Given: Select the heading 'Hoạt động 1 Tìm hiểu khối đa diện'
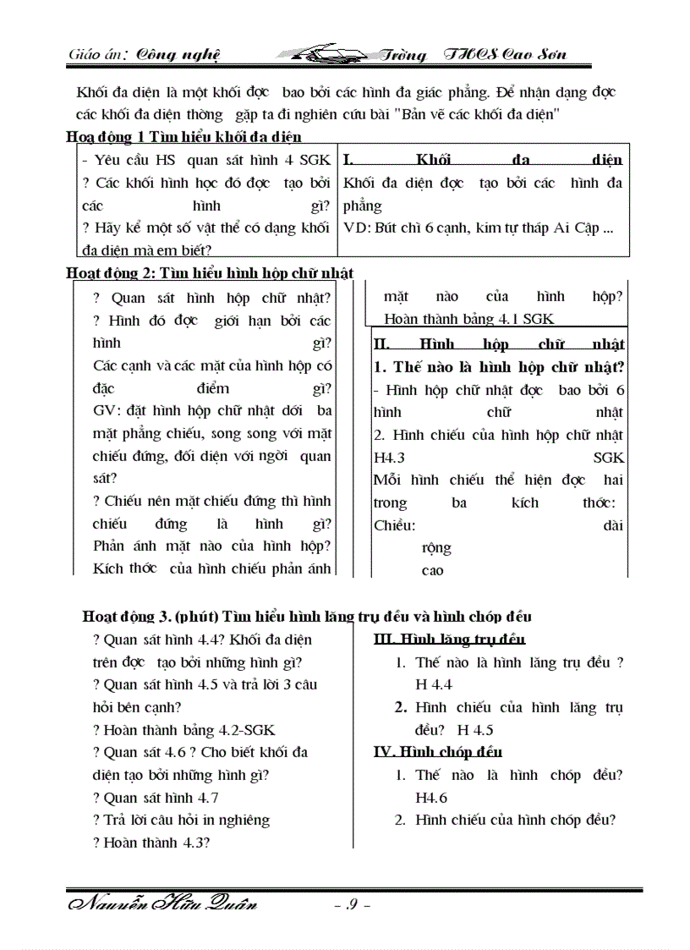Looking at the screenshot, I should pos(184,137).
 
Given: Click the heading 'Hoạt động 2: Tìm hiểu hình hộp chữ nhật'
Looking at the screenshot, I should pos(210,272).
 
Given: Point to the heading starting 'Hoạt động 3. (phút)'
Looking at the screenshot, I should pos(306,617).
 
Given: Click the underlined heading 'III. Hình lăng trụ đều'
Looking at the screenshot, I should pos(449,640).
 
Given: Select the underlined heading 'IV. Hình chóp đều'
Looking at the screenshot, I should pos(437,752).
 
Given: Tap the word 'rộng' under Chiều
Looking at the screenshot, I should pos(436,547).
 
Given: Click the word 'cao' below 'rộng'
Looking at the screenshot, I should pos(432,570).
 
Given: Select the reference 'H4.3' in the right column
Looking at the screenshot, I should pos(390,458).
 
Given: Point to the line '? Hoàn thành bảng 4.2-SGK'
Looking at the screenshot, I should pos(184,729).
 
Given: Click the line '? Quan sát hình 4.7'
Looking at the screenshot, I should pos(156,798).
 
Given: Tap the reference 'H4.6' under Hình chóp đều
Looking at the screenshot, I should pos(431,798).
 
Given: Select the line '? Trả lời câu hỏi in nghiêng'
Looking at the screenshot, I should pos(182,820).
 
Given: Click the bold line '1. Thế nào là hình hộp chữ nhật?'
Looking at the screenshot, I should pos(499,367).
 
